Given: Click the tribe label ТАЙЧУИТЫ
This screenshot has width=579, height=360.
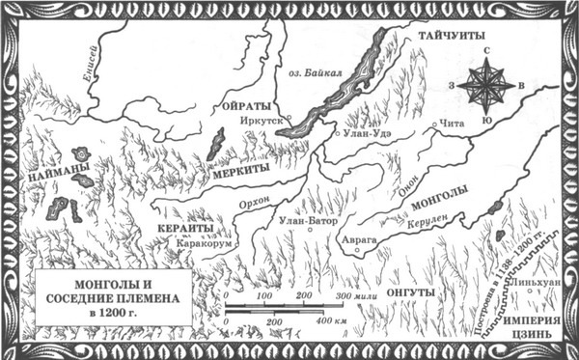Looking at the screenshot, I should point(451,36).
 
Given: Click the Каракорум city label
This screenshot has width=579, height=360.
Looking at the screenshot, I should point(204,246).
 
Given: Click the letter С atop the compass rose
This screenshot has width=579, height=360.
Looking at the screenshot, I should point(487,50).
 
